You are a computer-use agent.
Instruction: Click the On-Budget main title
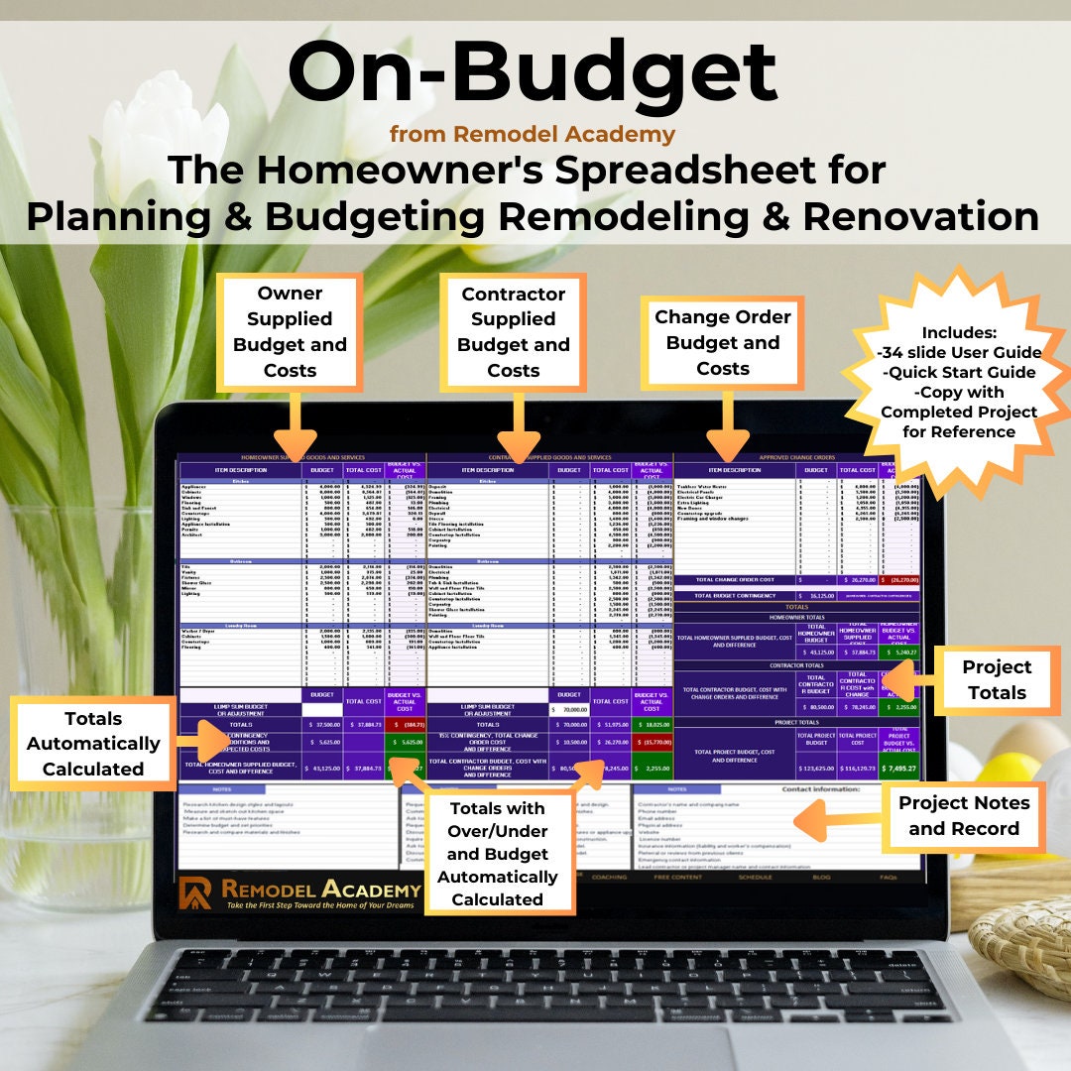(x=534, y=75)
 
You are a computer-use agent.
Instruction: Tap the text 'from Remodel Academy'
(x=533, y=134)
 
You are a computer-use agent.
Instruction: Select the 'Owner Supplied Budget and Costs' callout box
(x=291, y=332)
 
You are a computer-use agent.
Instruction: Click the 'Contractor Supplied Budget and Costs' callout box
(x=514, y=332)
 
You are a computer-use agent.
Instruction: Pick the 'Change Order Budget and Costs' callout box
(x=722, y=342)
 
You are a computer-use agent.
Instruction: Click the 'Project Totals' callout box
(x=996, y=680)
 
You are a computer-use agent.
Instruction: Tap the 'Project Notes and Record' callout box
(x=963, y=816)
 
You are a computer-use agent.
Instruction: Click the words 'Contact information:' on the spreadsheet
(x=824, y=788)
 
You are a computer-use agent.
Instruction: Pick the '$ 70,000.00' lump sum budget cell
(x=570, y=709)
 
